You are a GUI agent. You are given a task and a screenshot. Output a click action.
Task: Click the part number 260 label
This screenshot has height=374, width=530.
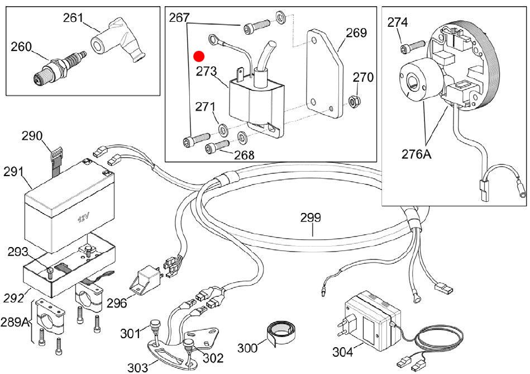[x=21, y=48]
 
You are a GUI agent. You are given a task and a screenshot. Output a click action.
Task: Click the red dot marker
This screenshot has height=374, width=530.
[x=199, y=56]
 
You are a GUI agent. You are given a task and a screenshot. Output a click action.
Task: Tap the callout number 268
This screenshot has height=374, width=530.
[x=243, y=155]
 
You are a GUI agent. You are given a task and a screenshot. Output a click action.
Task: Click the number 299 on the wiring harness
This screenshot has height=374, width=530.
[x=312, y=217]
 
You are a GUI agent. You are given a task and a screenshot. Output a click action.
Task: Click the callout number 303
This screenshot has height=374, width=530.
[x=137, y=367]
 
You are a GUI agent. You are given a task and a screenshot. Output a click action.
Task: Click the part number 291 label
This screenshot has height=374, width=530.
[x=15, y=172]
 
